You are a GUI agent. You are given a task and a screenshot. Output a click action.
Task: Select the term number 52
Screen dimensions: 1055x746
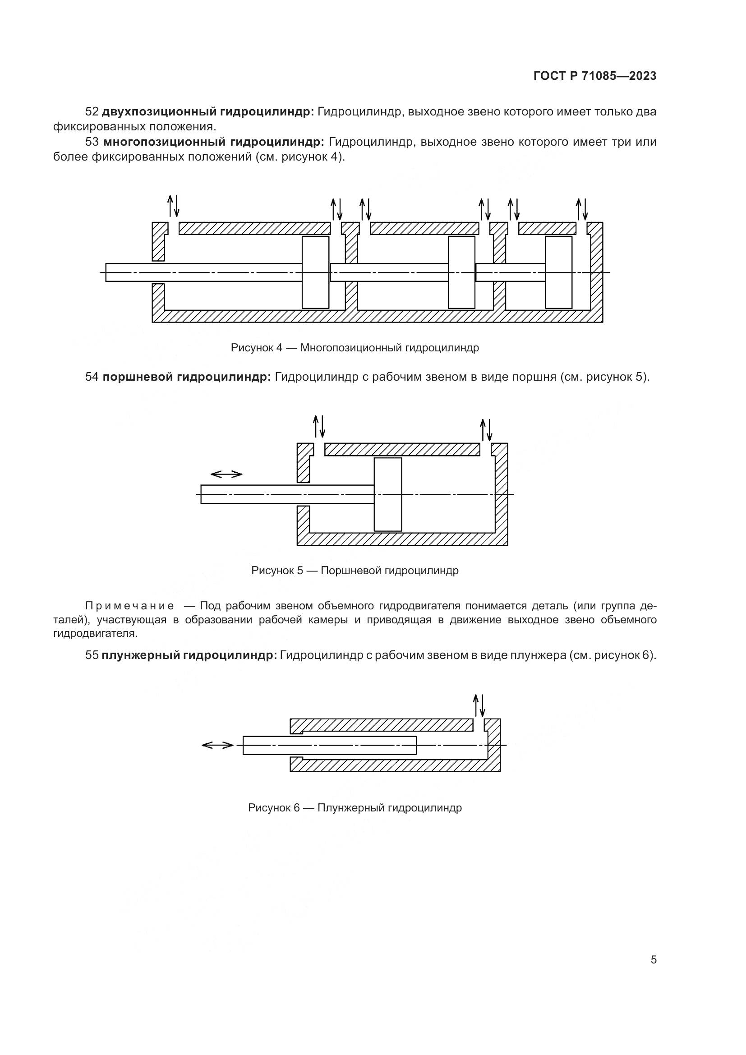point(92,112)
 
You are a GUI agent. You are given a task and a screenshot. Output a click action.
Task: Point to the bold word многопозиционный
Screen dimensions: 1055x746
point(163,142)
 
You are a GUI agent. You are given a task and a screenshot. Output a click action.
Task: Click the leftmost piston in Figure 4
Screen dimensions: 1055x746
point(315,272)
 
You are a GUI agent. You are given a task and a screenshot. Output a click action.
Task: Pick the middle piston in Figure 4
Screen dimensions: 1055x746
point(461,272)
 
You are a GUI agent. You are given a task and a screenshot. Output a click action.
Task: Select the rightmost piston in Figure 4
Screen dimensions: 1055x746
point(558,272)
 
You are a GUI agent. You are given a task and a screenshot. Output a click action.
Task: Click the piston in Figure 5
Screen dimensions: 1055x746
point(388,494)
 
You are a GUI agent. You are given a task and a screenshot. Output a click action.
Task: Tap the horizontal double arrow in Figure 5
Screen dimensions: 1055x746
point(226,474)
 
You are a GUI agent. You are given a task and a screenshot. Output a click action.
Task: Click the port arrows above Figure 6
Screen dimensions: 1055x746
point(479,705)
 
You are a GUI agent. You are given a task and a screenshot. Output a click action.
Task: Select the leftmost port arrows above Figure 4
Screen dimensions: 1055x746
point(173,205)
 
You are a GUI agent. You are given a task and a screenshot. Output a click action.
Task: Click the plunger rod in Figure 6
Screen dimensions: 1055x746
point(329,745)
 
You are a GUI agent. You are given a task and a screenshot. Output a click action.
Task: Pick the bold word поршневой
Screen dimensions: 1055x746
point(138,377)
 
